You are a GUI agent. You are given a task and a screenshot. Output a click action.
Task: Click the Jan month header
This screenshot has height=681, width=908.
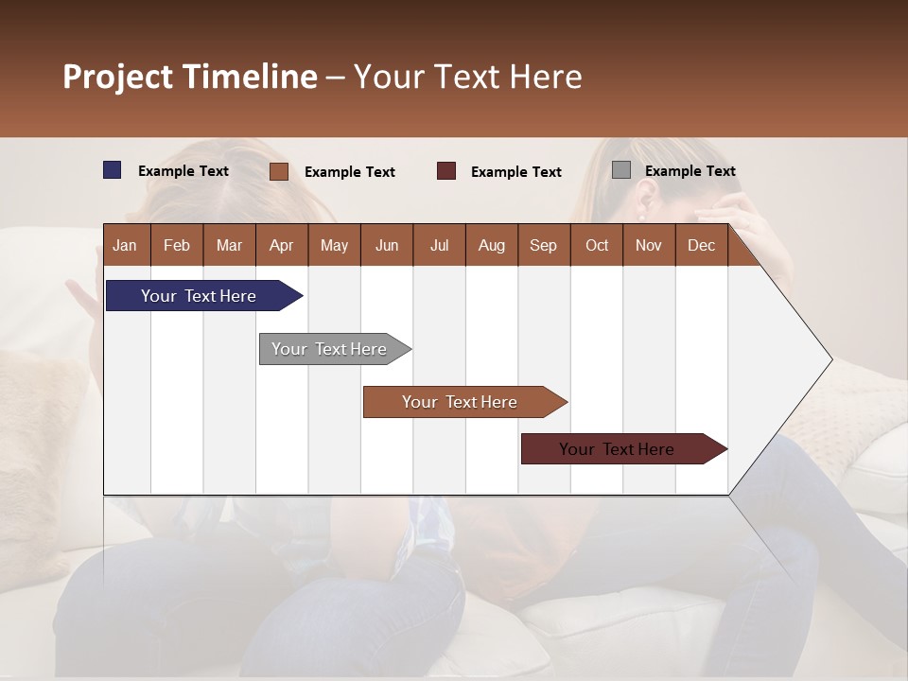(125, 245)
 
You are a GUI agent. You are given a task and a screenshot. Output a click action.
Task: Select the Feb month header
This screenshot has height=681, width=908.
(177, 245)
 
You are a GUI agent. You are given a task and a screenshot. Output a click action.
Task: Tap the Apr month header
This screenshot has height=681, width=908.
(281, 245)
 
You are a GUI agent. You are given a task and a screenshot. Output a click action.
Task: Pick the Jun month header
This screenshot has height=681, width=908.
(387, 245)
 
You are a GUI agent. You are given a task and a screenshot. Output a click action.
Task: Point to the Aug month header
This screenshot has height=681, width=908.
(491, 245)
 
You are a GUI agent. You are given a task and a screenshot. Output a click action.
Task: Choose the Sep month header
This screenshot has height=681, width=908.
(543, 245)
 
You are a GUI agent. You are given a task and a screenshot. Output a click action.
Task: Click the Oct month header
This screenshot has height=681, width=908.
(597, 245)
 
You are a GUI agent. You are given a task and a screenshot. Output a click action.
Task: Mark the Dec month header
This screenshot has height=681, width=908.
(701, 245)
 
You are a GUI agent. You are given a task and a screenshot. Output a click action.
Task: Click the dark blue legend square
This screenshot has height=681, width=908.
(113, 170)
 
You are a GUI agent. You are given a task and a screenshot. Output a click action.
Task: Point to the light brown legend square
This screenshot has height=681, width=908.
(279, 171)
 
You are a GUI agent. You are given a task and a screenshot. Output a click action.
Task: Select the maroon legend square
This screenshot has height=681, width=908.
(446, 171)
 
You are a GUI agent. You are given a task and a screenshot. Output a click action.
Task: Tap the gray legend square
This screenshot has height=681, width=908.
(621, 170)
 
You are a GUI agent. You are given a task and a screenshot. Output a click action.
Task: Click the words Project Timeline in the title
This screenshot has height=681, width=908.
(190, 77)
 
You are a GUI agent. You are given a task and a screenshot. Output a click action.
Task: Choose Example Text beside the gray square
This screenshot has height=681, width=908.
(690, 171)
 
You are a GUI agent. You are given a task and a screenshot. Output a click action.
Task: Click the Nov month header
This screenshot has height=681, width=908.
(648, 245)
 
